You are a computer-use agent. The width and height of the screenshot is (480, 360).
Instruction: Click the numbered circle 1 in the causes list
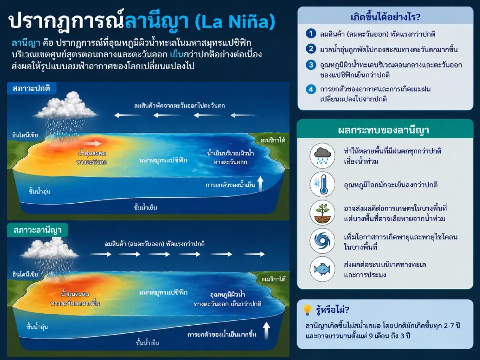pyautogui.click(x=311, y=34)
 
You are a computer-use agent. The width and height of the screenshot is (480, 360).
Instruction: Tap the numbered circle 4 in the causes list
pyautogui.click(x=311, y=89)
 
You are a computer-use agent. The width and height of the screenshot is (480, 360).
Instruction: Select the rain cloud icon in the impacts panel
pyautogui.click(x=322, y=156)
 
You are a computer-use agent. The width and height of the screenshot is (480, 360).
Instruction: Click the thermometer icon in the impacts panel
pyautogui.click(x=322, y=184)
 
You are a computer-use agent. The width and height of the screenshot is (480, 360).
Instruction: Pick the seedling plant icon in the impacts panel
pyautogui.click(x=322, y=212)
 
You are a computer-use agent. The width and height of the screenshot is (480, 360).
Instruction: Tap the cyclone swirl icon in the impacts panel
pyautogui.click(x=322, y=241)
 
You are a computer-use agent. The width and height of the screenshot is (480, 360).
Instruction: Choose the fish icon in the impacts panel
pyautogui.click(x=322, y=269)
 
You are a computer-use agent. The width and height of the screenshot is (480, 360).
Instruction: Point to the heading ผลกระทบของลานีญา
pyautogui.click(x=384, y=130)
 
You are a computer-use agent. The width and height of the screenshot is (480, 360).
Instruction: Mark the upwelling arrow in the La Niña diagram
pyautogui.click(x=266, y=330)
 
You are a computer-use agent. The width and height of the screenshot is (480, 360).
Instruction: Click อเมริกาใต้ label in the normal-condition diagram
pyautogui.click(x=273, y=141)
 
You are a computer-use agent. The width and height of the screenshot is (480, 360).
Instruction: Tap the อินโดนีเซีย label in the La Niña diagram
pyautogui.click(x=26, y=275)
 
